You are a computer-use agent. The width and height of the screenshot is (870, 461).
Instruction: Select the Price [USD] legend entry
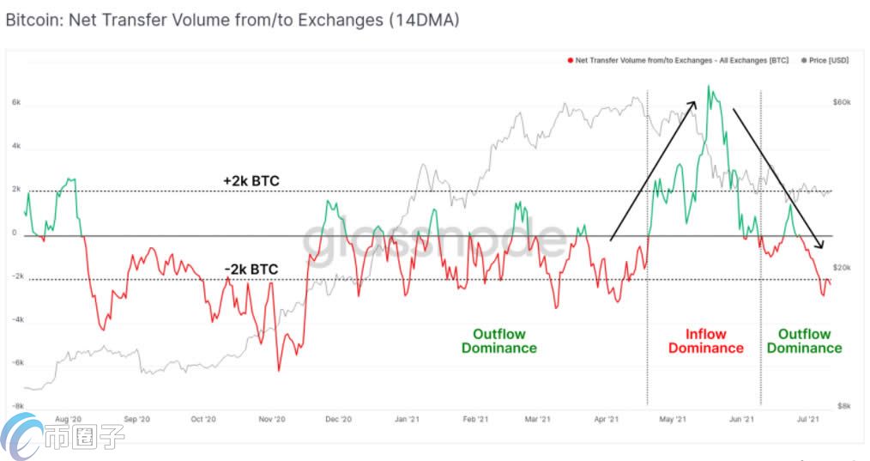click(825, 60)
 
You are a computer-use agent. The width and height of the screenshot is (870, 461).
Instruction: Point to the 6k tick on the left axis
click(16, 102)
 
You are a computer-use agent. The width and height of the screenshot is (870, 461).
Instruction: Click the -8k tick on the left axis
click(15, 406)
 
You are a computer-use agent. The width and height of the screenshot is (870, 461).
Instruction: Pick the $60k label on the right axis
click(842, 102)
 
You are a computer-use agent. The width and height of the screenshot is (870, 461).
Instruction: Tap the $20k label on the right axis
click(842, 268)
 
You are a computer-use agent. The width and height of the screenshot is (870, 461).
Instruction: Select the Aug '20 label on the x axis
click(68, 420)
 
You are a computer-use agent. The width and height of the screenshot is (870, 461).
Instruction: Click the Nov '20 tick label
click(271, 420)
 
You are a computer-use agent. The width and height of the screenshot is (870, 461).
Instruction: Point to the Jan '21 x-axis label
click(406, 420)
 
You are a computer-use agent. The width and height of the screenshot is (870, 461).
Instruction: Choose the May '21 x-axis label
click(674, 420)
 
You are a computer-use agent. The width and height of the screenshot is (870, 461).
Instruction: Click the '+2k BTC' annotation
click(251, 181)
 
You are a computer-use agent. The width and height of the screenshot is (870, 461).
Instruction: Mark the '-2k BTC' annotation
click(251, 270)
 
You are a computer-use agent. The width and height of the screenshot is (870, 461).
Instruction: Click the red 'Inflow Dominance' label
click(706, 341)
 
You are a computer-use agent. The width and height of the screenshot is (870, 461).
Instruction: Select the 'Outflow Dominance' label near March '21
click(498, 341)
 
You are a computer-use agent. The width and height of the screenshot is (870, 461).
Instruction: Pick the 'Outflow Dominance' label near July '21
click(804, 341)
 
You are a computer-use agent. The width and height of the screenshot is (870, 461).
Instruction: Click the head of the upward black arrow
click(692, 102)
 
